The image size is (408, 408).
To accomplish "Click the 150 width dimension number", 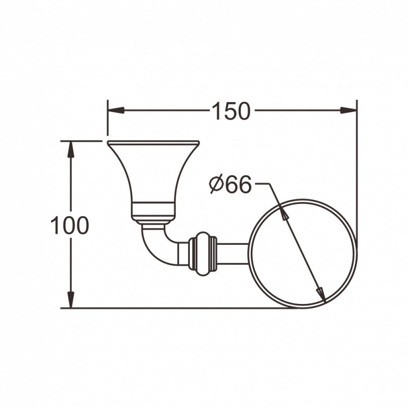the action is point(231,111).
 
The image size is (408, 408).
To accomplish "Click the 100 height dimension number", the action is point(70,225).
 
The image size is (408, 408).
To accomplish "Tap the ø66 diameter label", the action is point(231,184).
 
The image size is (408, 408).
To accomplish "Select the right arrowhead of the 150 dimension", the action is point(349,110).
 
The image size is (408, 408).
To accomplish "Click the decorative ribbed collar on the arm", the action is point(203,254).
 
